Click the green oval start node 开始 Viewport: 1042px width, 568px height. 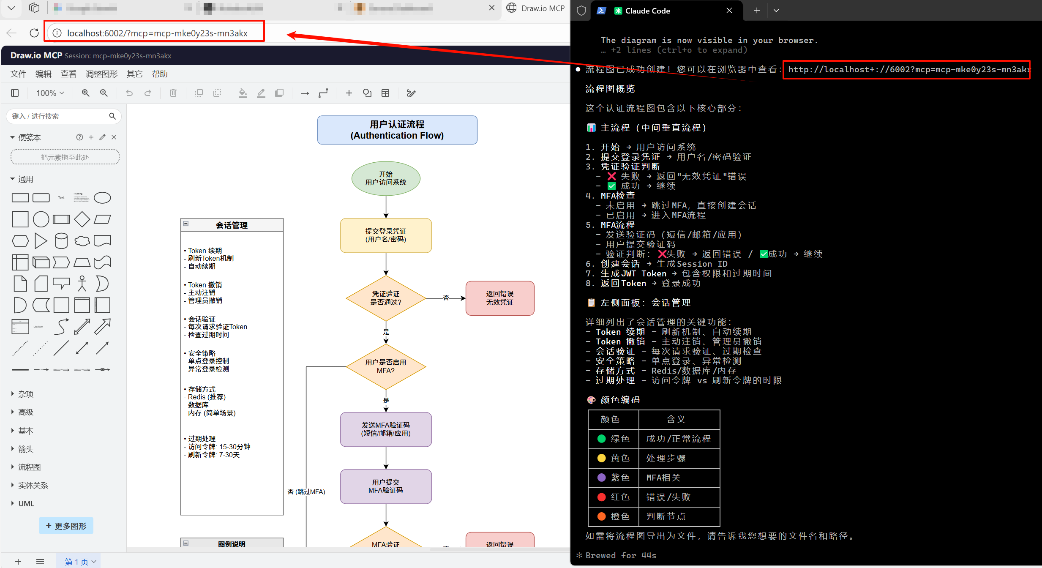pyautogui.click(x=386, y=178)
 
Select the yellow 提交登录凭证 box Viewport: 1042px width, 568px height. pyautogui.click(x=386, y=235)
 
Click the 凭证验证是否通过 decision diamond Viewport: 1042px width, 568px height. pyautogui.click(x=386, y=298)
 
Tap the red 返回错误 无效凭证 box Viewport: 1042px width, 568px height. pyautogui.click(x=499, y=298)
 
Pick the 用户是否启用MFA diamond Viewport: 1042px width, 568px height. pyautogui.click(x=386, y=366)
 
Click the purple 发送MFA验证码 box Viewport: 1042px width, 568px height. pyautogui.click(x=386, y=429)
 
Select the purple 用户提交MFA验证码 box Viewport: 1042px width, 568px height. pyautogui.click(x=386, y=486)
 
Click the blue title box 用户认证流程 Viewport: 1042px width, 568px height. pyautogui.click(x=397, y=130)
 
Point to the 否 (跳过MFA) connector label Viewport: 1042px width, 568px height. pyautogui.click(x=306, y=492)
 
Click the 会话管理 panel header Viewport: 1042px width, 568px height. pyautogui.click(x=232, y=225)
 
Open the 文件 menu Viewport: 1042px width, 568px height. pyautogui.click(x=18, y=74)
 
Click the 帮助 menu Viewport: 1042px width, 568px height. pyautogui.click(x=159, y=74)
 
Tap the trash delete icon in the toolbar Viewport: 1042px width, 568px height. pyautogui.click(x=173, y=93)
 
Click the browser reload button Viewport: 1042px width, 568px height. pyautogui.click(x=34, y=33)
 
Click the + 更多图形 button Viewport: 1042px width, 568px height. pyautogui.click(x=66, y=526)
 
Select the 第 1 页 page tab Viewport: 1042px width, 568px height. pyautogui.click(x=77, y=562)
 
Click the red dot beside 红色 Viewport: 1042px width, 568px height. pyautogui.click(x=602, y=497)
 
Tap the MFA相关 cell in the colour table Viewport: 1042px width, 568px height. pyautogui.click(x=663, y=478)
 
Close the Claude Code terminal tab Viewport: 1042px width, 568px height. pyautogui.click(x=729, y=11)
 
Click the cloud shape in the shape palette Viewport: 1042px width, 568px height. pyautogui.click(x=82, y=241)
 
